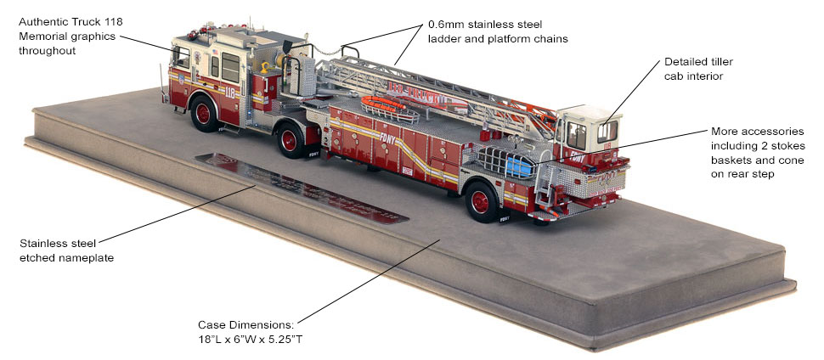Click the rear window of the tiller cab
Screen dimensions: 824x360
pos(607,131)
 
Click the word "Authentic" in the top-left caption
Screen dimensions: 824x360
pos(44,21)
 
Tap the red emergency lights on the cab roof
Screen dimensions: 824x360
pos(193,34)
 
